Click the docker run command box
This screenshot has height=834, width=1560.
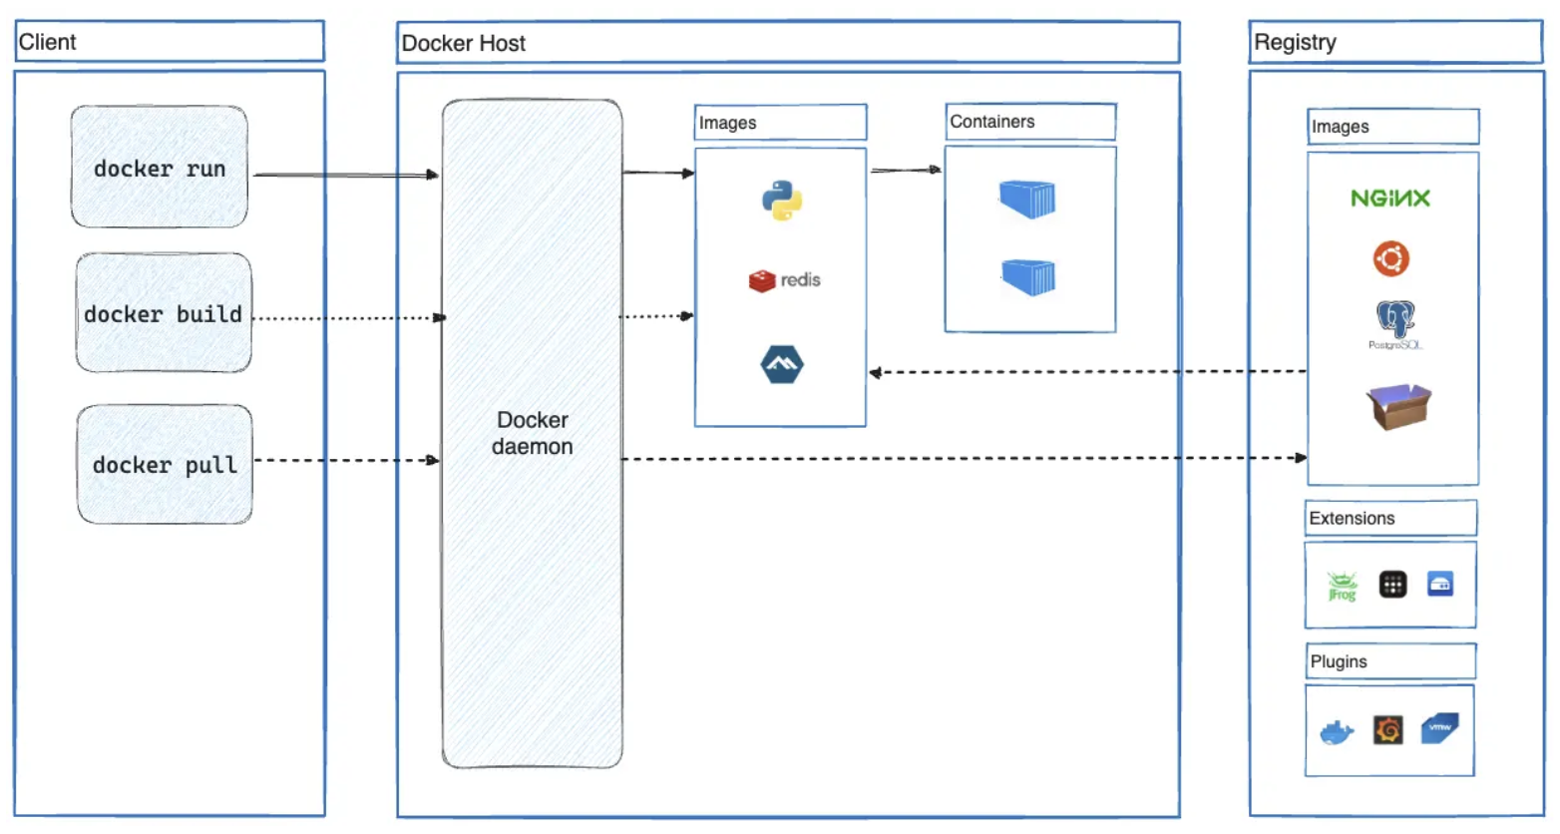pyautogui.click(x=159, y=168)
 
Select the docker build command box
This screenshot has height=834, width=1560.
pyautogui.click(x=164, y=313)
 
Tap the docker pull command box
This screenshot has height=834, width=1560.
pyautogui.click(x=165, y=465)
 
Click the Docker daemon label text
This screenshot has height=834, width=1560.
pyautogui.click(x=532, y=433)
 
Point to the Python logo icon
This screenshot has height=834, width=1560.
pyautogui.click(x=782, y=200)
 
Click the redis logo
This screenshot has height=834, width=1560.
pyautogui.click(x=784, y=280)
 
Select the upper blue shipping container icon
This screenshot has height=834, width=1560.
pyautogui.click(x=1027, y=199)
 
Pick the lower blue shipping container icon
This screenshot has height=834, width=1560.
pyautogui.click(x=1028, y=276)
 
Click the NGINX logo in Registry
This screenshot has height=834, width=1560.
pyautogui.click(x=1389, y=199)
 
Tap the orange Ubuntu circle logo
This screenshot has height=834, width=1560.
pyautogui.click(x=1390, y=259)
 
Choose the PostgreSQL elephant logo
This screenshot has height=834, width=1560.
pyautogui.click(x=1394, y=321)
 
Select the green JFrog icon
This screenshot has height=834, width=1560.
pyautogui.click(x=1342, y=586)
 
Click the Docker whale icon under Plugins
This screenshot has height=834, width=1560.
pyautogui.click(x=1336, y=733)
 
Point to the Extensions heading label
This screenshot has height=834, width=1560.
pyautogui.click(x=1352, y=519)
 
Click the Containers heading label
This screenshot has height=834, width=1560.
pyautogui.click(x=991, y=122)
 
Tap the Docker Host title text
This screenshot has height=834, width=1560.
pyautogui.click(x=463, y=43)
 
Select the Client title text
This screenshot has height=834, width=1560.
pyautogui.click(x=47, y=42)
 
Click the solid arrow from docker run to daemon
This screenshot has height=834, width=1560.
pyautogui.click(x=344, y=175)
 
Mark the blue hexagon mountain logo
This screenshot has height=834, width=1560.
pyautogui.click(x=782, y=364)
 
